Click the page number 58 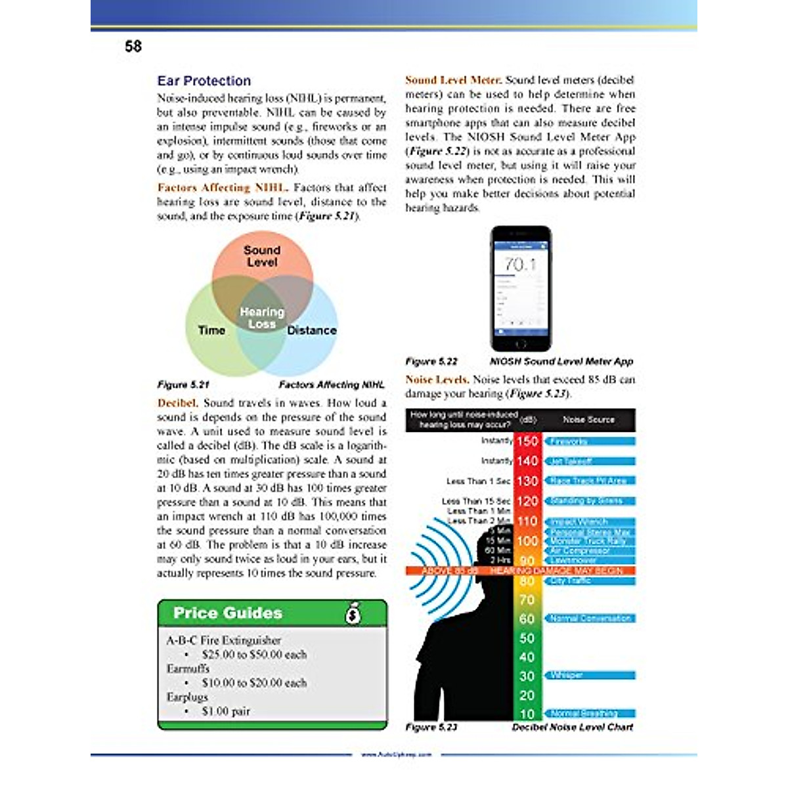133,47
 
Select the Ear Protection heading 204,81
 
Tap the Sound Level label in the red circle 262,256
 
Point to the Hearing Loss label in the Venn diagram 262,318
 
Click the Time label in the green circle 211,330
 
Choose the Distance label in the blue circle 312,330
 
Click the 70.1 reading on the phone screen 520,265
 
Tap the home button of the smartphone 521,345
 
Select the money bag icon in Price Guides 353,613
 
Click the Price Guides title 228,613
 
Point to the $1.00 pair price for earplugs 226,711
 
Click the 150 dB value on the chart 527,441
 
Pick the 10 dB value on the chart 527,714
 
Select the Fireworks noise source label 569,442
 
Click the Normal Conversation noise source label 590,619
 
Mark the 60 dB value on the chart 527,619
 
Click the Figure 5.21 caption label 183,385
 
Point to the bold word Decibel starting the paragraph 177,403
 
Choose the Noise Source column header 588,420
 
